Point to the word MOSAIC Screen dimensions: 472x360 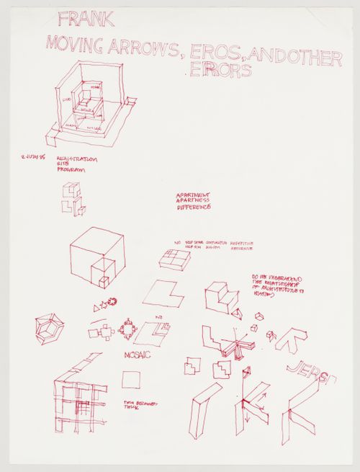(x=138, y=355)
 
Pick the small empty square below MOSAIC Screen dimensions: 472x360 (x=131, y=379)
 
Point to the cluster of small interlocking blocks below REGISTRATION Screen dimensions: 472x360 (x=73, y=197)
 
